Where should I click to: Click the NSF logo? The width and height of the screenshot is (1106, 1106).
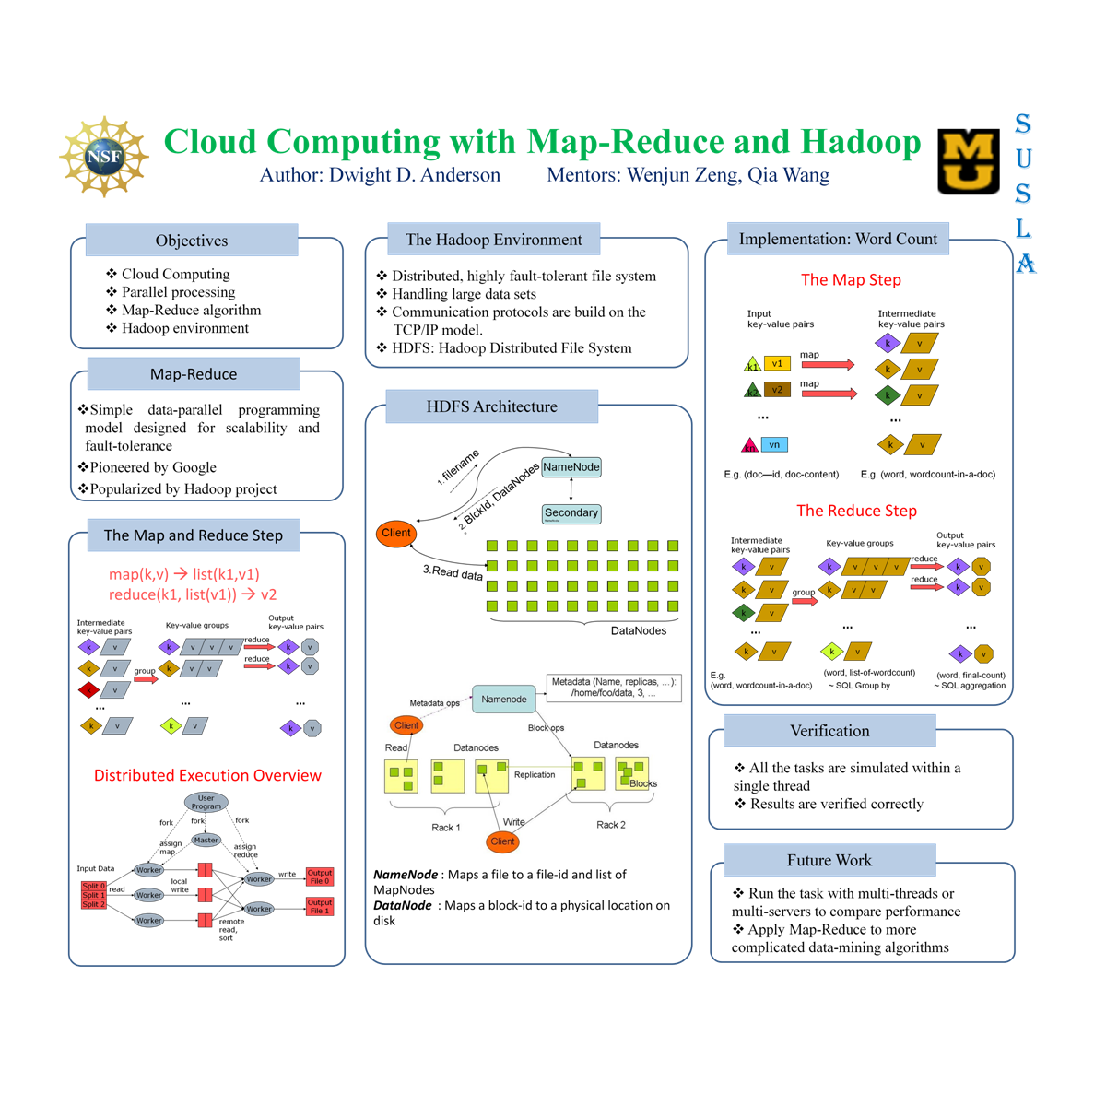tap(104, 157)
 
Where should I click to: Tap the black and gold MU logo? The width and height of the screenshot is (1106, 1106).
tap(969, 161)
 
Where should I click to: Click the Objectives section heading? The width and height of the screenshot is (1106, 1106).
tap(192, 241)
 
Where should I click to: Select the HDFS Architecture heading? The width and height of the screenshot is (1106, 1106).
tap(491, 406)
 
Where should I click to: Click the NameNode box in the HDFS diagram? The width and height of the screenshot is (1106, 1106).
tap(571, 467)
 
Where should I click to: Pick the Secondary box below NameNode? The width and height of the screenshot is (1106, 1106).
tap(571, 513)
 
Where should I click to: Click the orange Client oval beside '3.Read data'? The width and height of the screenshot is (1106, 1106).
tap(396, 534)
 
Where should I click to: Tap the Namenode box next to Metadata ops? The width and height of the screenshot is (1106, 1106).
tap(504, 700)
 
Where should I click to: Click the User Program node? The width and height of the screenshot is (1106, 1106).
tap(206, 802)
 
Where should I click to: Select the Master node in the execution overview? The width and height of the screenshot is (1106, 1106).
tap(206, 840)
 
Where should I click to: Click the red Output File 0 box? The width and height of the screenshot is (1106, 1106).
tap(319, 877)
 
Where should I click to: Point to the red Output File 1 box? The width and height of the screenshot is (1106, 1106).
tap(319, 907)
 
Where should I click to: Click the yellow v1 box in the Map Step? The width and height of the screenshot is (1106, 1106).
tap(777, 363)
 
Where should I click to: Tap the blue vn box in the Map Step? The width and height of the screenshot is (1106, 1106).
tap(774, 444)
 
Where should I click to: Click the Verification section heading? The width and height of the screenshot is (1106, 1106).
tap(829, 731)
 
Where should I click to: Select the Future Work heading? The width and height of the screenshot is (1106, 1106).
tap(829, 860)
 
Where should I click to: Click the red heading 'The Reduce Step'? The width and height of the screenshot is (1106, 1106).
tap(856, 511)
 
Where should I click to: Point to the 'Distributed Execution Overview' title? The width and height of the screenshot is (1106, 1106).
tap(207, 775)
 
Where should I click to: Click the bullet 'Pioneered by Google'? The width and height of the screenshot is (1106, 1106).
tap(153, 467)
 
